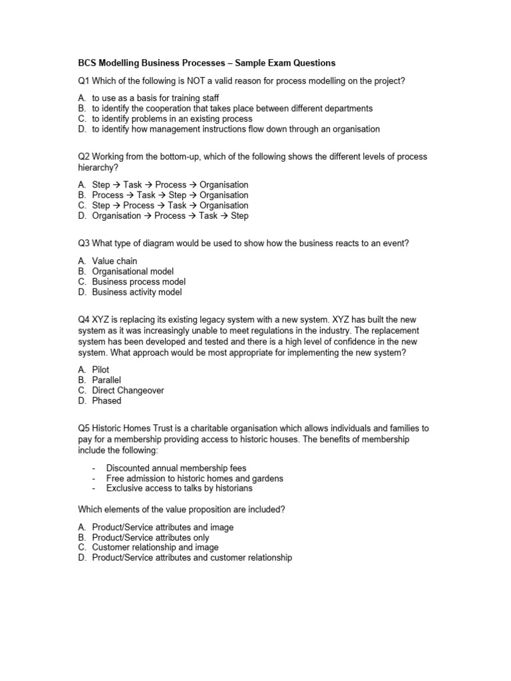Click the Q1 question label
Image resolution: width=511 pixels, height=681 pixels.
(84, 81)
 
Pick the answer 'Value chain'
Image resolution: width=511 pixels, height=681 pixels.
(114, 261)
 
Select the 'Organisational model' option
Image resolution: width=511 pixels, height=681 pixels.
(133, 271)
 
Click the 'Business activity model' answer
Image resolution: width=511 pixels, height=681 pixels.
(136, 292)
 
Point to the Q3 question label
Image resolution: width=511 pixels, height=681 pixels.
(84, 243)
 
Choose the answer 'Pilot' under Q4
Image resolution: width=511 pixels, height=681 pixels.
(100, 370)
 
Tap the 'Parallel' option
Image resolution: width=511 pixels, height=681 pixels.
(106, 380)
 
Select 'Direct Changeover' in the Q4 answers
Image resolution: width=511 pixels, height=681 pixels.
(128, 390)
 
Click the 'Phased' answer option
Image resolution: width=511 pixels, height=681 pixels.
(106, 401)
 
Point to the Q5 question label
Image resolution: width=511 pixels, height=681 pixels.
(84, 429)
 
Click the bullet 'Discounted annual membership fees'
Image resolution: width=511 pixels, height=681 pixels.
(176, 468)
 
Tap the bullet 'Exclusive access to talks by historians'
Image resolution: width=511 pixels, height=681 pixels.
(179, 488)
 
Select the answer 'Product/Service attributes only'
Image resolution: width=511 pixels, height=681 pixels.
(150, 537)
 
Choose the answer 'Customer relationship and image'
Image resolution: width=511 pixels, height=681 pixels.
(155, 547)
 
